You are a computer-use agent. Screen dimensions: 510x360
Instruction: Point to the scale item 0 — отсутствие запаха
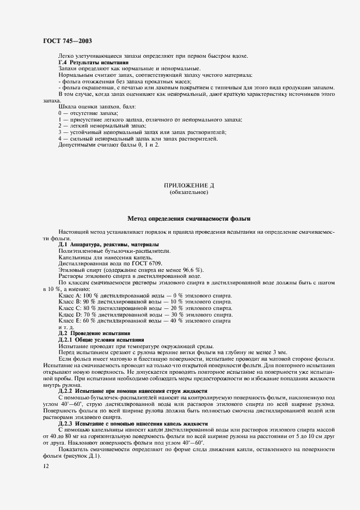(87, 112)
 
